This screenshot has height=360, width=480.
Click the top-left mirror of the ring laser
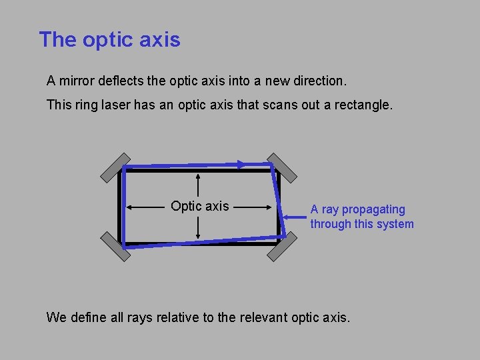tap(115, 167)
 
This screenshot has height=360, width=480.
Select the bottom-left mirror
tap(115, 247)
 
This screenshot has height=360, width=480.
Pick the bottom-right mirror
tap(282, 247)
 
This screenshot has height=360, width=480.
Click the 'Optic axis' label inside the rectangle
tap(199, 207)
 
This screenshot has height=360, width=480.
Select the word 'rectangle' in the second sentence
tap(366, 105)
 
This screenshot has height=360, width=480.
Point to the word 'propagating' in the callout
tap(373, 209)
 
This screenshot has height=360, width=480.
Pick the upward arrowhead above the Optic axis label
tap(199, 177)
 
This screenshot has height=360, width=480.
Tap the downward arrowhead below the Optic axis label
tap(199, 237)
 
